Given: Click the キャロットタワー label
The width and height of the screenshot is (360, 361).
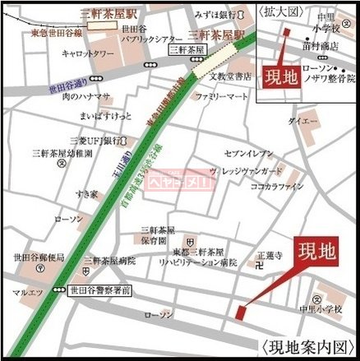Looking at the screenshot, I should [x=92, y=53].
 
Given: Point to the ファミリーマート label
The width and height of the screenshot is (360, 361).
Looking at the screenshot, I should [x=221, y=96].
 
